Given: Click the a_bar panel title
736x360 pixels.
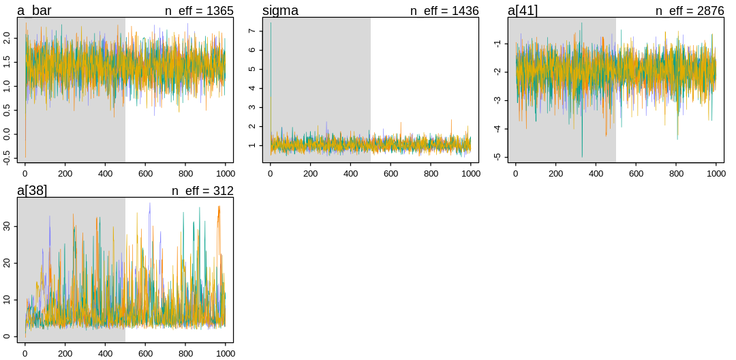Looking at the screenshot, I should pyautogui.click(x=34, y=11).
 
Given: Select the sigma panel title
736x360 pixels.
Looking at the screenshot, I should pyautogui.click(x=280, y=11).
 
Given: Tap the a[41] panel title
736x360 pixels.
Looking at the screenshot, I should pyautogui.click(x=523, y=11).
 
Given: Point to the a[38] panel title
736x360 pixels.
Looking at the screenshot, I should pyautogui.click(x=32, y=191).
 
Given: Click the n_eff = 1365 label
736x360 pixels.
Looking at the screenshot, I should pyautogui.click(x=199, y=11).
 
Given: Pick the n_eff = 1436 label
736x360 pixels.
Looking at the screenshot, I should pyautogui.click(x=444, y=11).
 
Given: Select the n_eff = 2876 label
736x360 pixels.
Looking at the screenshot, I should pyautogui.click(x=690, y=11).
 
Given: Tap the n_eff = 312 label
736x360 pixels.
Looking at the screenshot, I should pyautogui.click(x=202, y=191).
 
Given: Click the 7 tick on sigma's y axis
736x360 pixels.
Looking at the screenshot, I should pyautogui.click(x=252, y=31).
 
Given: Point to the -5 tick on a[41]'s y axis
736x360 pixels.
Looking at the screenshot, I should pyautogui.click(x=497, y=156).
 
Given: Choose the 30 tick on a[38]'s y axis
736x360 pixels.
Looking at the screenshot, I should pyautogui.click(x=7, y=226).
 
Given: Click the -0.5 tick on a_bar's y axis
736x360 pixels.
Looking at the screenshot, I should pyautogui.click(x=7, y=157).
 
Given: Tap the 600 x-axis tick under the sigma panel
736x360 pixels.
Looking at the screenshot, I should pyautogui.click(x=391, y=173).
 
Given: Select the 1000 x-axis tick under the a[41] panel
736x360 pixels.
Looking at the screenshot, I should pyautogui.click(x=716, y=173).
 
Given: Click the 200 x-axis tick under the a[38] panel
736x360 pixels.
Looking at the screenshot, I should pyautogui.click(x=65, y=353).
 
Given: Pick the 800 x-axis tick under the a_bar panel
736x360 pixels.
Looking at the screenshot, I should pyautogui.click(x=186, y=173).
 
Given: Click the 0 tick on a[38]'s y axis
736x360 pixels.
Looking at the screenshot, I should pyautogui.click(x=7, y=336).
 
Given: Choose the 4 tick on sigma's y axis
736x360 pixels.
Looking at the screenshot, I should pyautogui.click(x=252, y=88).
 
